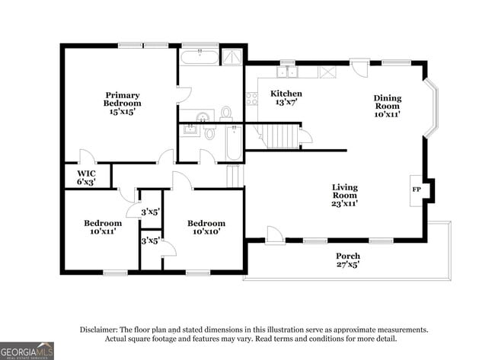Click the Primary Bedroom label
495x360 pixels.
(x=122, y=104)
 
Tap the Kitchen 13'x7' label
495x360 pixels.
(x=286, y=97)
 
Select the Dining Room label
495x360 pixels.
(x=388, y=106)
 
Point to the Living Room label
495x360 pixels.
(x=344, y=196)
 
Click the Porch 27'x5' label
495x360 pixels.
(x=348, y=260)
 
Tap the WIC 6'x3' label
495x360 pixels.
(x=86, y=177)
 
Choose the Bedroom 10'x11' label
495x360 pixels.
(x=103, y=227)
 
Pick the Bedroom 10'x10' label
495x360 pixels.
(x=206, y=227)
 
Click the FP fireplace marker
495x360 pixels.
(x=417, y=190)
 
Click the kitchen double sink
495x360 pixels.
(x=287, y=72)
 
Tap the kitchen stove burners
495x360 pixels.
(x=252, y=98)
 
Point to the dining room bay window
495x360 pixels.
(x=430, y=108)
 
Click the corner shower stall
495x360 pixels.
(x=232, y=57)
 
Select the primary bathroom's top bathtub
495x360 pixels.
(x=200, y=57)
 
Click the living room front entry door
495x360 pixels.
(x=272, y=235)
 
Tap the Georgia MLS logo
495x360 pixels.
(x=27, y=351)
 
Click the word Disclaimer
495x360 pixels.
(x=98, y=330)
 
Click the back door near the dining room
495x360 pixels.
(x=360, y=68)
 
